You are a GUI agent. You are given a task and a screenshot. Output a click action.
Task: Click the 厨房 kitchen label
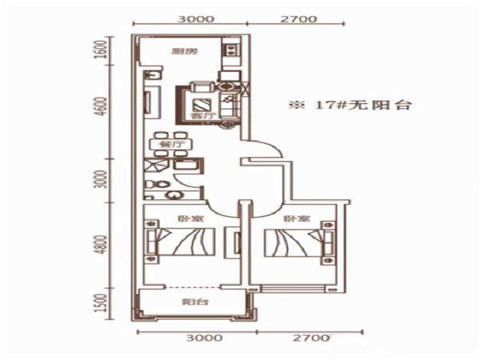coord(177,51)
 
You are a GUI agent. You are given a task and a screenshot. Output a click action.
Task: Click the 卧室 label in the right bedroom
coord(292,219)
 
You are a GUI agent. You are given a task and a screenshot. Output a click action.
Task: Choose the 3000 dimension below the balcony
coord(197,338)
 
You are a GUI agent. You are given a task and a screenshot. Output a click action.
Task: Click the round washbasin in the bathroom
coord(175,195)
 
